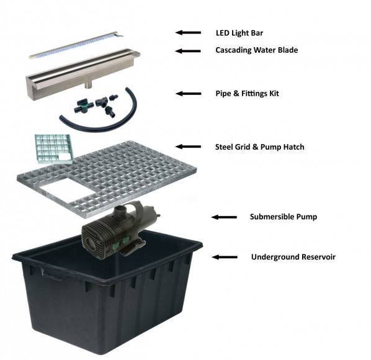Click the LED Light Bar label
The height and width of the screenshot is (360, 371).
click(x=239, y=33)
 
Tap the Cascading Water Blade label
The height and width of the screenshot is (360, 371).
click(x=257, y=50)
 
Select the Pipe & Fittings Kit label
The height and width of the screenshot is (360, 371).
click(x=248, y=94)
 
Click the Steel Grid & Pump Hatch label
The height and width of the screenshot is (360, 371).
click(x=260, y=147)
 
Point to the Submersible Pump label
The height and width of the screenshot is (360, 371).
click(x=284, y=217)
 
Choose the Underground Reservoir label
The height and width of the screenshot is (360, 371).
click(x=293, y=257)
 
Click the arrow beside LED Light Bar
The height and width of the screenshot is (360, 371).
click(x=188, y=33)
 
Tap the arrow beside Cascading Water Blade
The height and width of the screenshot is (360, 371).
click(x=188, y=51)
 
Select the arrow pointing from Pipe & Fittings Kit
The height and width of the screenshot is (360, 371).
click(x=189, y=94)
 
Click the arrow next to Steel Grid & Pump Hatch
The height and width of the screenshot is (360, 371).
click(x=188, y=146)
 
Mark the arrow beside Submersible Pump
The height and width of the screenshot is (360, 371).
click(x=224, y=217)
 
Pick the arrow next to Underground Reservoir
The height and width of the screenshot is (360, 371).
click(x=225, y=257)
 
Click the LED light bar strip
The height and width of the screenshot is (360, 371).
click(x=76, y=45)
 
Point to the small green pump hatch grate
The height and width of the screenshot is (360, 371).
click(x=54, y=148)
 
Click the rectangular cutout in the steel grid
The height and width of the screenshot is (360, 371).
click(x=68, y=191)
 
